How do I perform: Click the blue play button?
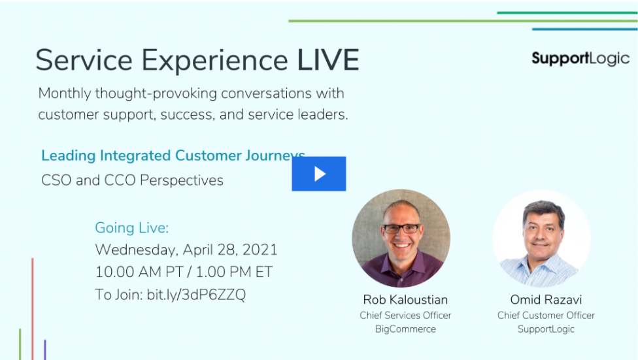(x=318, y=174)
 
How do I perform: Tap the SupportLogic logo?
(x=580, y=59)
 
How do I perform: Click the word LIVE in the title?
(x=328, y=60)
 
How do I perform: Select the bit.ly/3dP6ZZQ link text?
(x=196, y=295)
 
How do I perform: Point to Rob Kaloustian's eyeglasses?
(x=401, y=229)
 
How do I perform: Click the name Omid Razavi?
(x=546, y=300)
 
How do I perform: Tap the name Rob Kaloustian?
(x=405, y=300)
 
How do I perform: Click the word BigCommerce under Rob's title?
(x=405, y=329)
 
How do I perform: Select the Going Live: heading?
(x=132, y=228)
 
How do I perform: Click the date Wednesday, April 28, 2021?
(x=186, y=250)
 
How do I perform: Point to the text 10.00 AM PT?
(x=139, y=272)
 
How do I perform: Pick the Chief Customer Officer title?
(x=546, y=316)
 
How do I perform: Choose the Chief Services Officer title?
(x=405, y=316)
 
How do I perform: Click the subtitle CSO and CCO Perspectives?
(x=132, y=180)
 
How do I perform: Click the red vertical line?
(x=33, y=309)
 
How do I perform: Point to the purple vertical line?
(x=44, y=350)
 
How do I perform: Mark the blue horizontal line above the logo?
(x=584, y=29)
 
